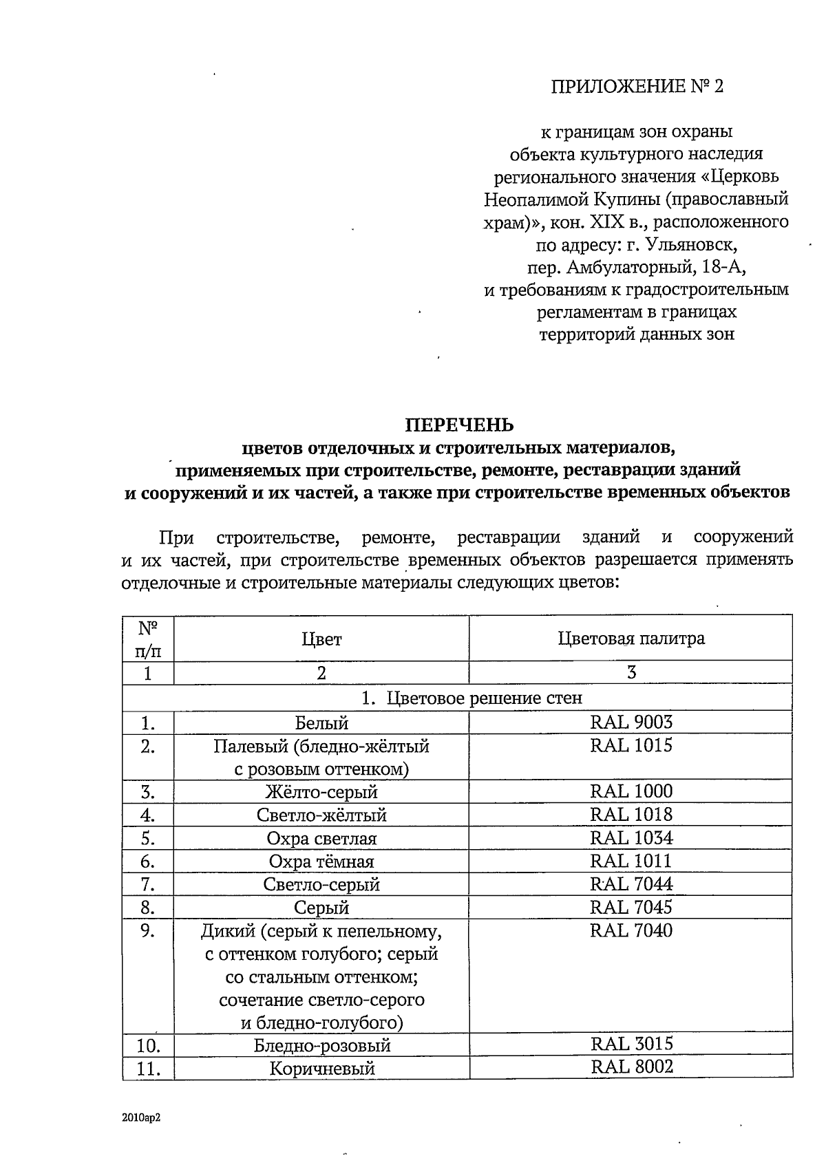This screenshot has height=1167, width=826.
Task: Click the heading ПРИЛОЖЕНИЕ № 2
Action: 637,87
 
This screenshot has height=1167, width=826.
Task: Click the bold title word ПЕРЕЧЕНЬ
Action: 458,425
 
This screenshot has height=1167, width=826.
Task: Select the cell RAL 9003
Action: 631,722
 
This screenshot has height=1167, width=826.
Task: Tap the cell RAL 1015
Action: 631,746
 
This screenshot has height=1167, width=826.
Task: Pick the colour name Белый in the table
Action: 321,723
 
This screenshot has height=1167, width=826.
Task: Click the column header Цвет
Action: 321,639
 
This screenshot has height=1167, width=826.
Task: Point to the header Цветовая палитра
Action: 631,639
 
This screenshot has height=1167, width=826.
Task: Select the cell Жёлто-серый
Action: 321,793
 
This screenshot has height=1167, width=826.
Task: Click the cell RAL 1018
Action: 631,815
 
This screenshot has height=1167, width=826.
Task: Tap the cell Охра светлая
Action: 321,839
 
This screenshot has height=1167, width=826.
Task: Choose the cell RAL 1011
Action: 631,861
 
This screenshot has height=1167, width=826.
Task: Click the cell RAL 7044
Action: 631,884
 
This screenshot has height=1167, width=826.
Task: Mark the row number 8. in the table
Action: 147,908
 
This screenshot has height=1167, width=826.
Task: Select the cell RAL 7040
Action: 631,931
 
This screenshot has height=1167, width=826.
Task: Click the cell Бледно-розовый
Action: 321,1046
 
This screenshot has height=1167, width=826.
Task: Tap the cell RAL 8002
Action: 631,1067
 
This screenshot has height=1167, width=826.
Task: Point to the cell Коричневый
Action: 321,1069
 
